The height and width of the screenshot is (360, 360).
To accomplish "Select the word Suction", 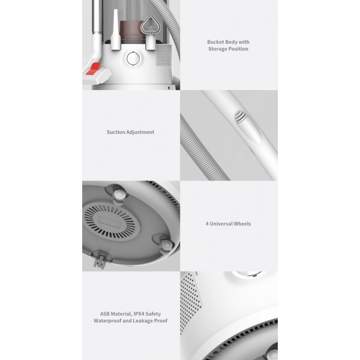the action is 115,132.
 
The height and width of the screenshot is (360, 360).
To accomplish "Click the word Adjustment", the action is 140,132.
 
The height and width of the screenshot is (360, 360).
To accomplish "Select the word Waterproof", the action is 107,321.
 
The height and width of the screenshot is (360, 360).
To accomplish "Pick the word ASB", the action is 104,314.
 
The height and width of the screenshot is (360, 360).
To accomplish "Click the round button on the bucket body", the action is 133,59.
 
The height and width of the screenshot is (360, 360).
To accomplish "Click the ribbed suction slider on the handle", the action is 241,116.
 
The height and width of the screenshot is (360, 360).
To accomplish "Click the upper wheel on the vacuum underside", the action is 119,194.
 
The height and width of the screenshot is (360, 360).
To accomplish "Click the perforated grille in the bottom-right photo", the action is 190,301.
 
